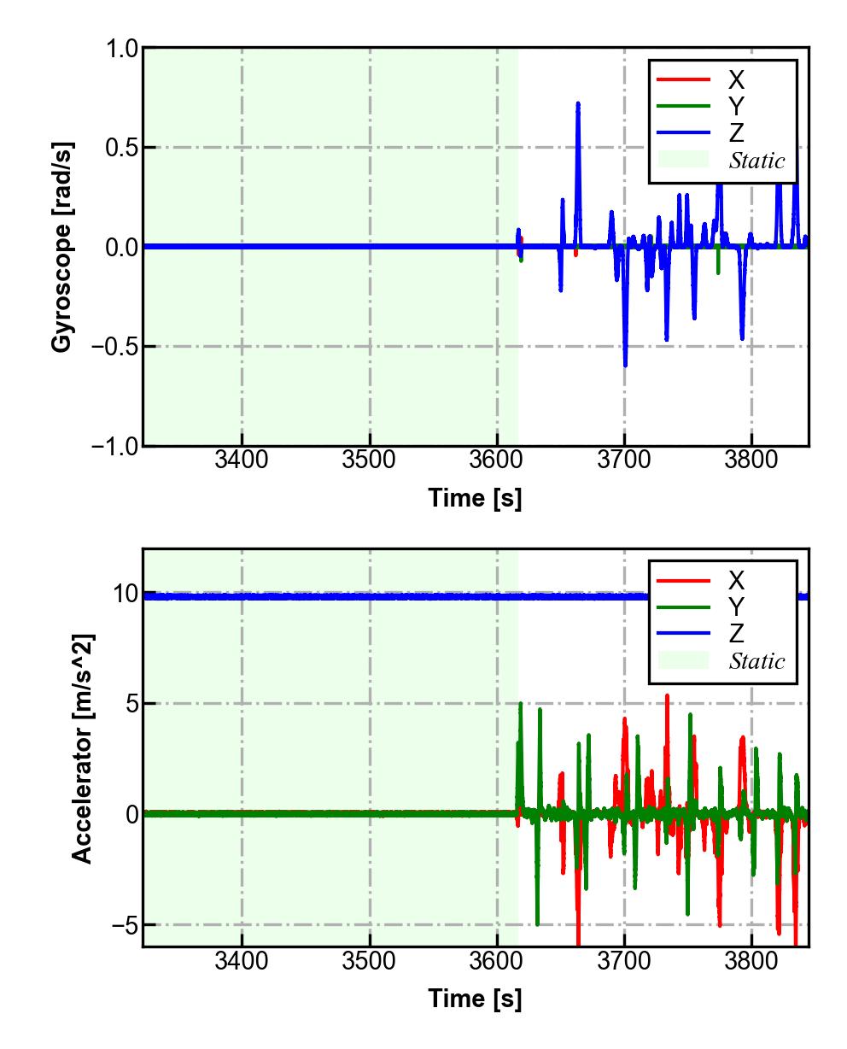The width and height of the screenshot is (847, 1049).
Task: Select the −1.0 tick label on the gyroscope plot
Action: (x=117, y=446)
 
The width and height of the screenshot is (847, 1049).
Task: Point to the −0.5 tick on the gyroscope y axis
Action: (x=117, y=347)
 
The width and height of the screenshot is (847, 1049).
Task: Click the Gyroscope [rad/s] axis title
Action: (x=61, y=248)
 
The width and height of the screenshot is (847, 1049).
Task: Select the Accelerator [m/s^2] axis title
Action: (x=82, y=748)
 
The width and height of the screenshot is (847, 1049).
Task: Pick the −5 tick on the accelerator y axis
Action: (x=125, y=925)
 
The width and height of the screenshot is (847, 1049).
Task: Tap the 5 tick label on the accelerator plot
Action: (x=131, y=704)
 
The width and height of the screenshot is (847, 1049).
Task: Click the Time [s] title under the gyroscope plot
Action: (x=475, y=497)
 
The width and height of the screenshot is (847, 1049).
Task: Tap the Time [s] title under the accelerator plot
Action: (x=475, y=998)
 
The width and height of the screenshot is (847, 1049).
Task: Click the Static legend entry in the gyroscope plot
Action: (x=756, y=161)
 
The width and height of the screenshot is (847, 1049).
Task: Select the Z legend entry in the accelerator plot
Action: (x=736, y=633)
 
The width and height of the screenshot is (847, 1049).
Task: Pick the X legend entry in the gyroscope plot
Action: (x=736, y=80)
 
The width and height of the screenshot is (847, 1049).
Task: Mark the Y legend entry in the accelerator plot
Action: (x=736, y=607)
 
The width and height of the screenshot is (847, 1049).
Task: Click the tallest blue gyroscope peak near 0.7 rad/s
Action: (x=578, y=104)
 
